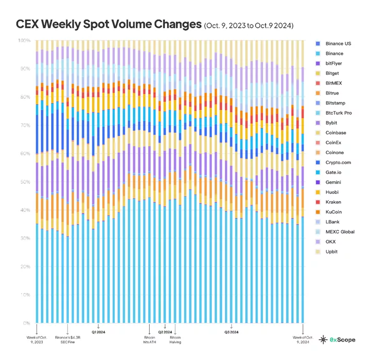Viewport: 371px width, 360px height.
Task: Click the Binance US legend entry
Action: click(338, 43)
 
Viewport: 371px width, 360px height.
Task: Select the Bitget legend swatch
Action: click(318, 73)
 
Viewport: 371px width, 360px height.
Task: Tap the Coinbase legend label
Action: click(336, 133)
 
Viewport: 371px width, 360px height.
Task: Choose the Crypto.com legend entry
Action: click(338, 162)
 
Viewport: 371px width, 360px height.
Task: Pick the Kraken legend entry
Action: click(333, 202)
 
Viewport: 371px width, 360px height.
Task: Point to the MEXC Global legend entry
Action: click(340, 231)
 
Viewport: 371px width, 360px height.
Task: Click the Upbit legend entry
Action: click(332, 252)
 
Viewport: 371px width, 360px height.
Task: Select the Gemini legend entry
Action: click(333, 182)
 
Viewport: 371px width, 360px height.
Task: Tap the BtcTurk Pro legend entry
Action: click(339, 113)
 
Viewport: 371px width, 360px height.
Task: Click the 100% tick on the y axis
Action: click(24, 40)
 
